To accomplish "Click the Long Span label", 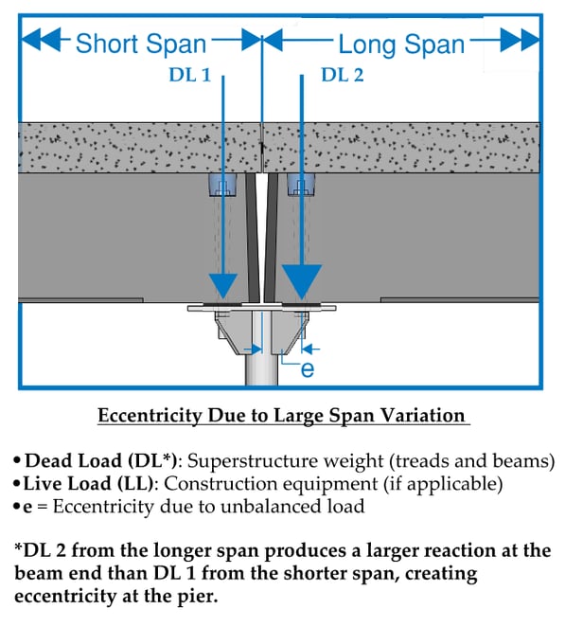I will click(401, 44).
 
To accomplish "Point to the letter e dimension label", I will click(307, 370).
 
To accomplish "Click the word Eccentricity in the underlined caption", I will click(148, 416).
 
